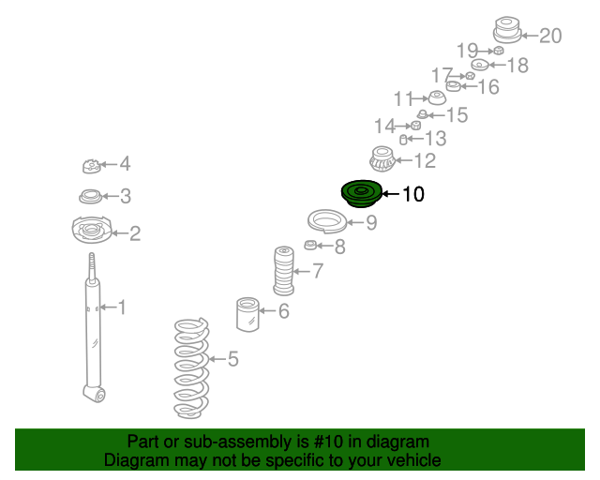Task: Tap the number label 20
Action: click(x=550, y=36)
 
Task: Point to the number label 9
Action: click(x=371, y=222)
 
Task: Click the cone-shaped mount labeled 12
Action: click(x=381, y=160)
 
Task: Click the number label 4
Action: click(x=125, y=164)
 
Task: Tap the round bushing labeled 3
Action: click(x=91, y=197)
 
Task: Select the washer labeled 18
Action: click(x=479, y=65)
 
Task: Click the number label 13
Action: click(x=435, y=139)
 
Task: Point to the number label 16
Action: click(x=488, y=87)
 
